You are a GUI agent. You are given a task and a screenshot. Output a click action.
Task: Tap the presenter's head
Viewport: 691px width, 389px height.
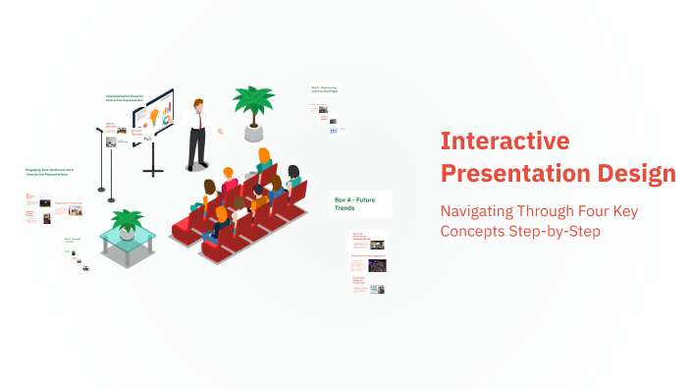point(199,104)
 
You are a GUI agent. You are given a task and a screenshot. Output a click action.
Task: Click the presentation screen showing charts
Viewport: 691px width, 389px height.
point(153,115)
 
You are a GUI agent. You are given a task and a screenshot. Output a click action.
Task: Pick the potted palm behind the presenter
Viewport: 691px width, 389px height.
point(253,100)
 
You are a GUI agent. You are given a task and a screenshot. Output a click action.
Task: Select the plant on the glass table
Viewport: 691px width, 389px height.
point(127,219)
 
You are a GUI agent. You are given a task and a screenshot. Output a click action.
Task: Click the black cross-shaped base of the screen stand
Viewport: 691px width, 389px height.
point(153,170)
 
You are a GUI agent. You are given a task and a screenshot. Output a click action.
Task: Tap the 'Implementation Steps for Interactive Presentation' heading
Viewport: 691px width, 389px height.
point(125,97)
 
